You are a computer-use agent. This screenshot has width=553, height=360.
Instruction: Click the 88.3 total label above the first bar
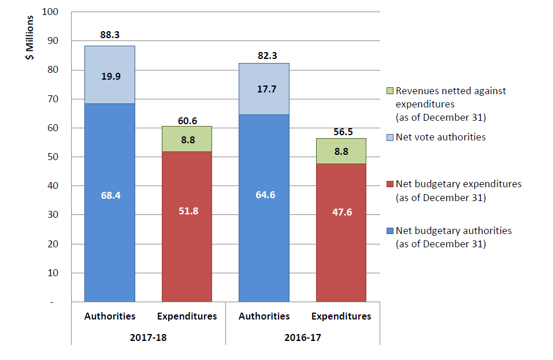tap(110, 35)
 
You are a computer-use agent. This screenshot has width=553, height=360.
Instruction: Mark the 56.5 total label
tap(341, 132)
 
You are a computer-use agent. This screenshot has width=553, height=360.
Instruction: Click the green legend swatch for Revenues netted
tap(389, 91)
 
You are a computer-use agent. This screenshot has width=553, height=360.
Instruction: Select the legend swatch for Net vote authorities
tap(389, 138)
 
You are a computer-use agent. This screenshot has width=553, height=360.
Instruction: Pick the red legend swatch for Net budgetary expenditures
tap(389, 184)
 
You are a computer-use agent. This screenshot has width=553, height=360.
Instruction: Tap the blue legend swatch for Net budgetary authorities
tap(389, 231)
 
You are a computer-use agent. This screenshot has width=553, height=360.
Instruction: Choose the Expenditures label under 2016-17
tap(341, 317)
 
